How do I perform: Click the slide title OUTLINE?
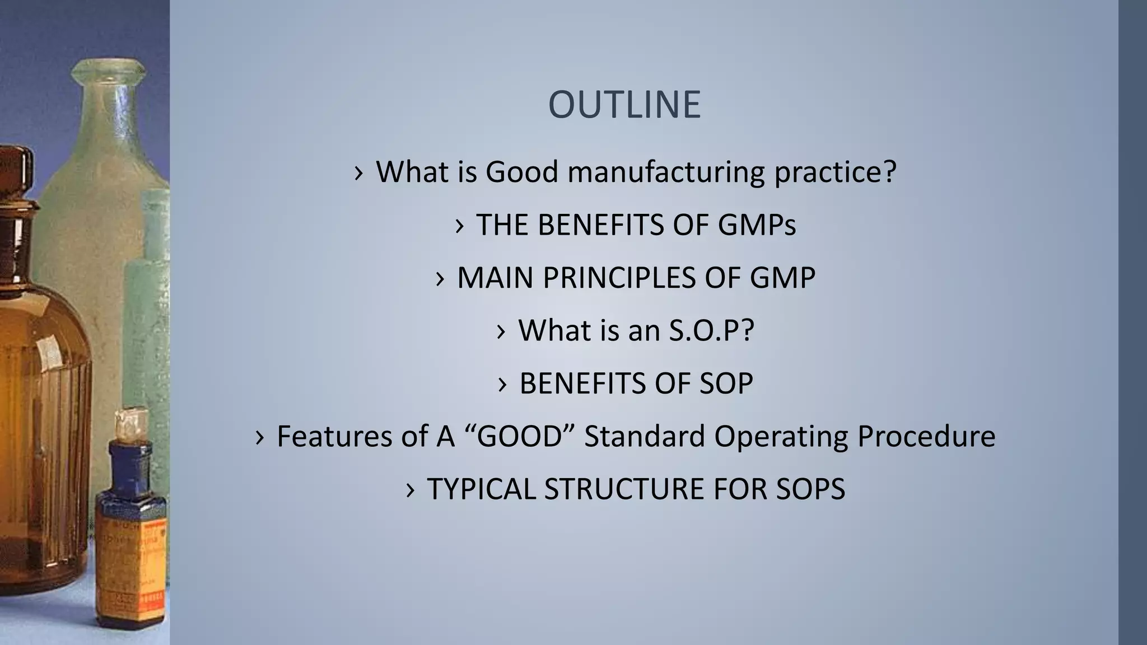click(624, 105)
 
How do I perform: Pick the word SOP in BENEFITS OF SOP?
click(726, 384)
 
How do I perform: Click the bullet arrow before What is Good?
click(359, 173)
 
